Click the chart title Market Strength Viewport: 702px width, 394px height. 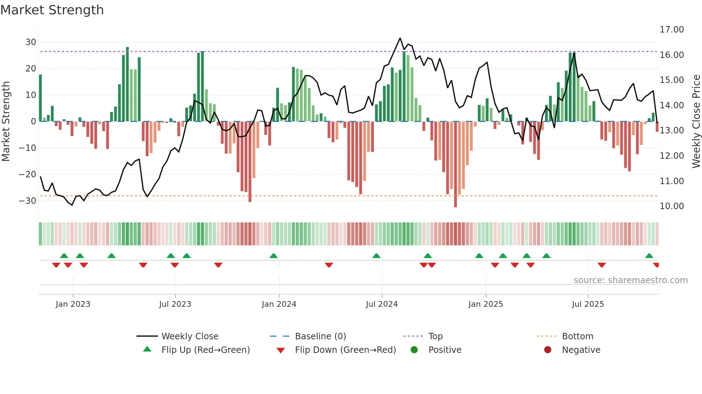click(x=52, y=10)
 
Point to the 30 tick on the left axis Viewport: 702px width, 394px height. click(x=31, y=42)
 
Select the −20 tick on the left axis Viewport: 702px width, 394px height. click(x=28, y=174)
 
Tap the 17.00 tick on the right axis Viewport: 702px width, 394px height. click(x=672, y=30)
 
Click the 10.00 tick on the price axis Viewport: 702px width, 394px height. click(x=672, y=206)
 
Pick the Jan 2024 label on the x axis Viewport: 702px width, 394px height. click(x=279, y=304)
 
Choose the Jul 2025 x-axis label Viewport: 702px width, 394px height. click(x=587, y=304)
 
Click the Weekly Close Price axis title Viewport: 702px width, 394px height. click(x=696, y=122)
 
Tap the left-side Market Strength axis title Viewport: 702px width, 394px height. click(x=6, y=122)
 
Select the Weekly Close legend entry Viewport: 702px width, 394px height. click(x=189, y=336)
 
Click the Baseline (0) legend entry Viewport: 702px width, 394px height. click(x=320, y=336)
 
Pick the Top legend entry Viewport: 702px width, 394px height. click(x=435, y=336)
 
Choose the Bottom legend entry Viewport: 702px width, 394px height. click(x=577, y=336)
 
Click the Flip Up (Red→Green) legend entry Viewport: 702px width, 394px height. click(x=205, y=350)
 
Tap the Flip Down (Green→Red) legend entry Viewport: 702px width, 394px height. click(x=345, y=350)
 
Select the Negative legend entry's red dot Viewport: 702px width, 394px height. click(x=547, y=350)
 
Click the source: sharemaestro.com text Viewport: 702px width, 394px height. click(x=630, y=280)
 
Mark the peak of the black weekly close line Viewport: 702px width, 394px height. click(x=400, y=38)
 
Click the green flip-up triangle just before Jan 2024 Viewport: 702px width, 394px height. click(x=274, y=256)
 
